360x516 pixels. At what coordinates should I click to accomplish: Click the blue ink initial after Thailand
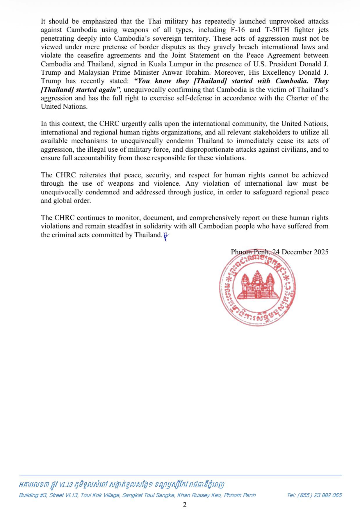(166, 236)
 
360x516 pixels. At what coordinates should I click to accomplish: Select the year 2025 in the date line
(321, 252)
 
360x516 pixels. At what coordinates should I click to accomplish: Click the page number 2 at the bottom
(185, 505)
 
